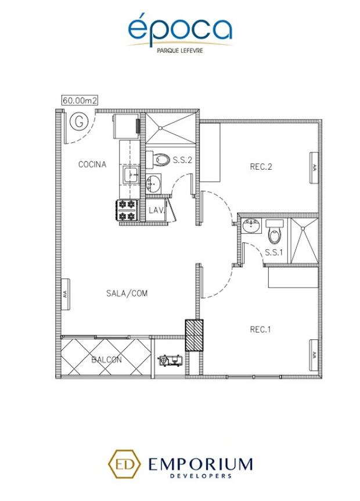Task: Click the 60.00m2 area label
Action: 80,101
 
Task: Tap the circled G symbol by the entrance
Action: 79,121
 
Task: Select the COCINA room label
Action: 92,164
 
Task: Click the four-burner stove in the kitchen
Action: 127,210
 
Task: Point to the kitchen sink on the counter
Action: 131,175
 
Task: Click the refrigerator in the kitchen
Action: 127,126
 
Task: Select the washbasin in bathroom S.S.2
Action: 153,184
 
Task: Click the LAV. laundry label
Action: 157,210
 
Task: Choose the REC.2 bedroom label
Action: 261,167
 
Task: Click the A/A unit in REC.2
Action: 314,167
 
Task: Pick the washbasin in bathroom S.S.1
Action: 251,226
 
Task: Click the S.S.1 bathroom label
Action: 274,252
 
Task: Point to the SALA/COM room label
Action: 127,294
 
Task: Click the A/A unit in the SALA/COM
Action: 66,294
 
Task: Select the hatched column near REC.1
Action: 194,335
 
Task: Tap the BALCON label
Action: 107,360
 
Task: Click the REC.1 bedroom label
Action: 261,330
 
